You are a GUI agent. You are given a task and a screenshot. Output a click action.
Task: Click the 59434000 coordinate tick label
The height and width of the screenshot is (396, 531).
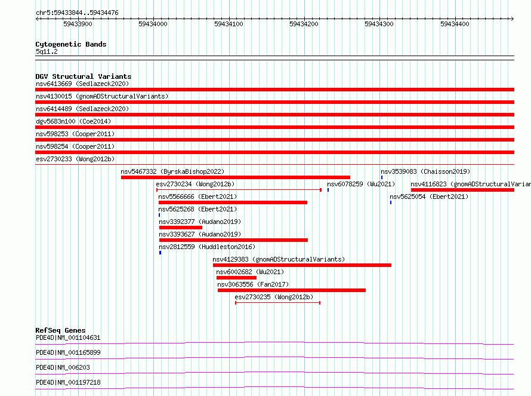coord(153,24)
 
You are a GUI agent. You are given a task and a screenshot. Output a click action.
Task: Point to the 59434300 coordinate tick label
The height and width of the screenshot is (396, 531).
coord(379,24)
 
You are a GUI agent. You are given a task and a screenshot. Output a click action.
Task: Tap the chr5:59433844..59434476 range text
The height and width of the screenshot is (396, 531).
coord(77,13)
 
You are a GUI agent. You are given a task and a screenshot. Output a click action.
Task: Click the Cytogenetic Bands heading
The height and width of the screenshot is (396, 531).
coord(71,44)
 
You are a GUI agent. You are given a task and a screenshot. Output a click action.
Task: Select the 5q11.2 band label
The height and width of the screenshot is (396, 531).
coord(47,51)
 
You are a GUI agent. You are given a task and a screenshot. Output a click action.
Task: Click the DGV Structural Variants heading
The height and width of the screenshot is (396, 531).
coord(84,76)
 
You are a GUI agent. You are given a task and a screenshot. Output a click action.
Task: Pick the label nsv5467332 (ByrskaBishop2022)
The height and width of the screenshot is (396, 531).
coord(172,171)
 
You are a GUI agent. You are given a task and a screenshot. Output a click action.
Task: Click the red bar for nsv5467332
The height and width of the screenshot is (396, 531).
coord(235,177)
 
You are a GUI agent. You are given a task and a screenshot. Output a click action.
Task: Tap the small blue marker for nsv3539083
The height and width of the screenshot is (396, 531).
coord(382,177)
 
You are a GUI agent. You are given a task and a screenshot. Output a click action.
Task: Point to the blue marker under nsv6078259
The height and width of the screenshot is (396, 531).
coord(328,190)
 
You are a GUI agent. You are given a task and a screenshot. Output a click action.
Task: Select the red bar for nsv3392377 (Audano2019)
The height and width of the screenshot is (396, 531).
coord(181,228)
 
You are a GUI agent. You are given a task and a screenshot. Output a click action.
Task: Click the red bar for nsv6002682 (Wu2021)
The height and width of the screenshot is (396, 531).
coord(236,278)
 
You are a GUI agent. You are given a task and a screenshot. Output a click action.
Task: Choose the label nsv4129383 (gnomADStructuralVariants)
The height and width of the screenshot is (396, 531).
coord(279,259)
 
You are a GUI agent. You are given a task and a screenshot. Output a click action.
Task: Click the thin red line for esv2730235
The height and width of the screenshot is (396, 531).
coord(277,302)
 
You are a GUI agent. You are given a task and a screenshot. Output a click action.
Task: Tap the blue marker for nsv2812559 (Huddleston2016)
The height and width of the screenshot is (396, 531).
coord(160,253)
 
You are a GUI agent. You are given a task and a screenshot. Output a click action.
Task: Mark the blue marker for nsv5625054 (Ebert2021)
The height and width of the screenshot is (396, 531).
coord(390,202)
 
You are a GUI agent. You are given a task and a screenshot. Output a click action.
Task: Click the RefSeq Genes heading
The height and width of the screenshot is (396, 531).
coord(61,330)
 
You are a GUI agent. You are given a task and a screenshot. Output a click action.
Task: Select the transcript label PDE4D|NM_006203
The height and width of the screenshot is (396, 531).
coord(63,367)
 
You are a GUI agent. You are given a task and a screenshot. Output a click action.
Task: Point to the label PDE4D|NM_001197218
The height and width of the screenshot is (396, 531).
coord(68,382)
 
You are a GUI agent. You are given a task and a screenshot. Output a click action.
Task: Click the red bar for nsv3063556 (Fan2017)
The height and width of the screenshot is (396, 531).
coord(292,290)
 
